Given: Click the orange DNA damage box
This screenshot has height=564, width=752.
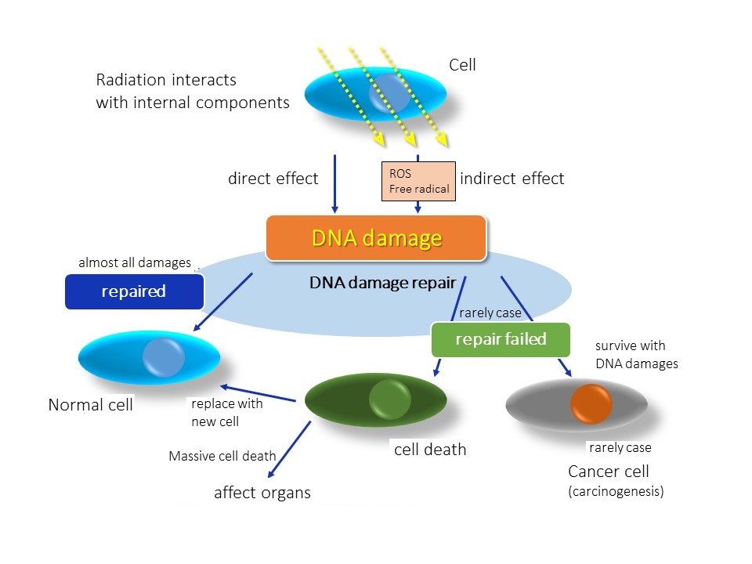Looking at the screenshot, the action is tap(376, 238).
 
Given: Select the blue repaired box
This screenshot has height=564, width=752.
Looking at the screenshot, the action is tap(134, 291).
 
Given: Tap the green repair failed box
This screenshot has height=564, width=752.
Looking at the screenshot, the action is tap(501, 339).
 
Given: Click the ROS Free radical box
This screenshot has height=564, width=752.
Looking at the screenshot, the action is tap(418, 181).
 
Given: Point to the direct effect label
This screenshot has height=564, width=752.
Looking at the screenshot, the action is tap(273, 179).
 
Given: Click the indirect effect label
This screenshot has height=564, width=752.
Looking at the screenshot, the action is tap(512, 179).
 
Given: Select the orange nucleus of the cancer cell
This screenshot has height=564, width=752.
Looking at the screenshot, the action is tap(591, 404).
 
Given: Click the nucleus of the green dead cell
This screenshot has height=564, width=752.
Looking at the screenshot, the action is tap(390, 399).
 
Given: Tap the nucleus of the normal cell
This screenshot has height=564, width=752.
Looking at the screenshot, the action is tap(164, 357).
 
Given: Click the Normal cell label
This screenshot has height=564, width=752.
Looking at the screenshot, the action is tap(91, 405).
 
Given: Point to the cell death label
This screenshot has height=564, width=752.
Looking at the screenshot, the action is tap(430, 450).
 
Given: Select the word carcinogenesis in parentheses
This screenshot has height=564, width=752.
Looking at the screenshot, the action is tap(616, 492).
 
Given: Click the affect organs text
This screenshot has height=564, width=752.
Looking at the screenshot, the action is tap(262, 493).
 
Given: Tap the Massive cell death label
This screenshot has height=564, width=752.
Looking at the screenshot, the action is tap(222, 456).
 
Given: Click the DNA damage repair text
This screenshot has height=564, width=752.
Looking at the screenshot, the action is tap(383, 283).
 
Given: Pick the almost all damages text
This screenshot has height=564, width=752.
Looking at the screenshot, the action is tap(135, 263).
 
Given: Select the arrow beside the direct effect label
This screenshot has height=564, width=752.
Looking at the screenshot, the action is tap(334, 183).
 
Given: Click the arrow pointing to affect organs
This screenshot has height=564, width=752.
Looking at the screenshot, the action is tap(289, 450).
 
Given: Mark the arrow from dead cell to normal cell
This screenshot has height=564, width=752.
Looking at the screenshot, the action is tap(258, 393).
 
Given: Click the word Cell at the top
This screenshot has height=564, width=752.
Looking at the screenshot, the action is tap(462, 65).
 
